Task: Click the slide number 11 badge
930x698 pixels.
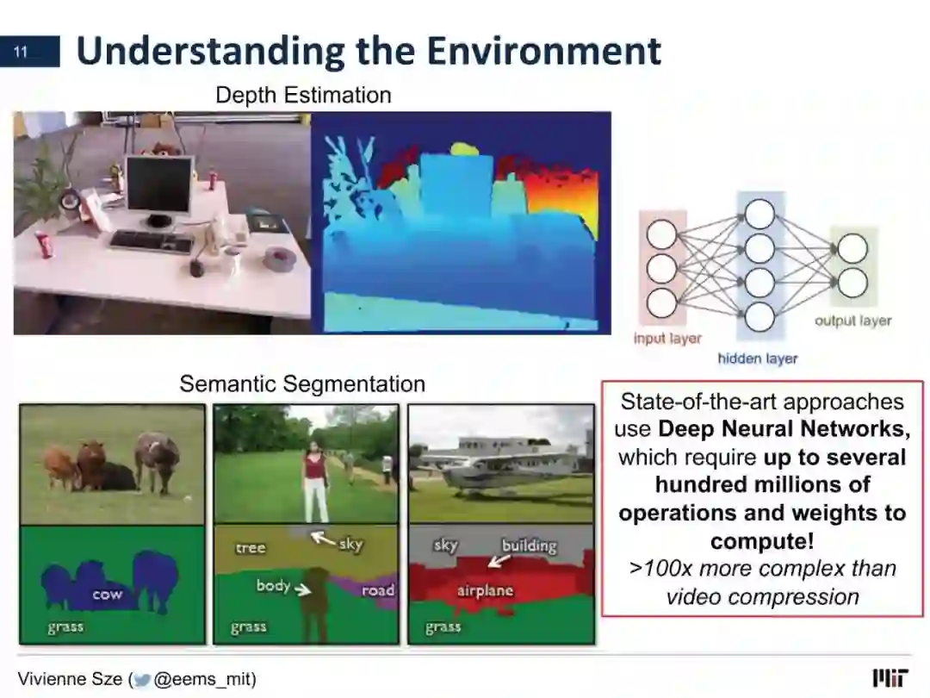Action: [x=29, y=52]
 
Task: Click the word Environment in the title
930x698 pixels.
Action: [x=544, y=51]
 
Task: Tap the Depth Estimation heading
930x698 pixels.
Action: [x=303, y=95]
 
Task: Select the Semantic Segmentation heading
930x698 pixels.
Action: [x=302, y=384]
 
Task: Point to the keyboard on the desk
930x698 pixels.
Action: [x=152, y=241]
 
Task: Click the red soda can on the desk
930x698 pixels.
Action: [x=45, y=245]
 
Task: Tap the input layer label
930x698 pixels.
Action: [x=667, y=339]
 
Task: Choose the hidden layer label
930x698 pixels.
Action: [x=758, y=358]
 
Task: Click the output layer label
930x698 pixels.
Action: [x=852, y=321]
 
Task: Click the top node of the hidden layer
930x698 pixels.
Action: [x=759, y=215]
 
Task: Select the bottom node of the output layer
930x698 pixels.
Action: [x=852, y=283]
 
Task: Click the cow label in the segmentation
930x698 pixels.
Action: [x=108, y=594]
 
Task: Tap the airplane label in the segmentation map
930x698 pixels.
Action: [x=485, y=590]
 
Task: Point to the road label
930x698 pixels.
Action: [x=378, y=590]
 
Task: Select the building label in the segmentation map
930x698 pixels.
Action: [x=529, y=545]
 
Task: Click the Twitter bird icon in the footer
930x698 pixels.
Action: [x=142, y=680]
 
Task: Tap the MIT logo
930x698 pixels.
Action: [x=890, y=678]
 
